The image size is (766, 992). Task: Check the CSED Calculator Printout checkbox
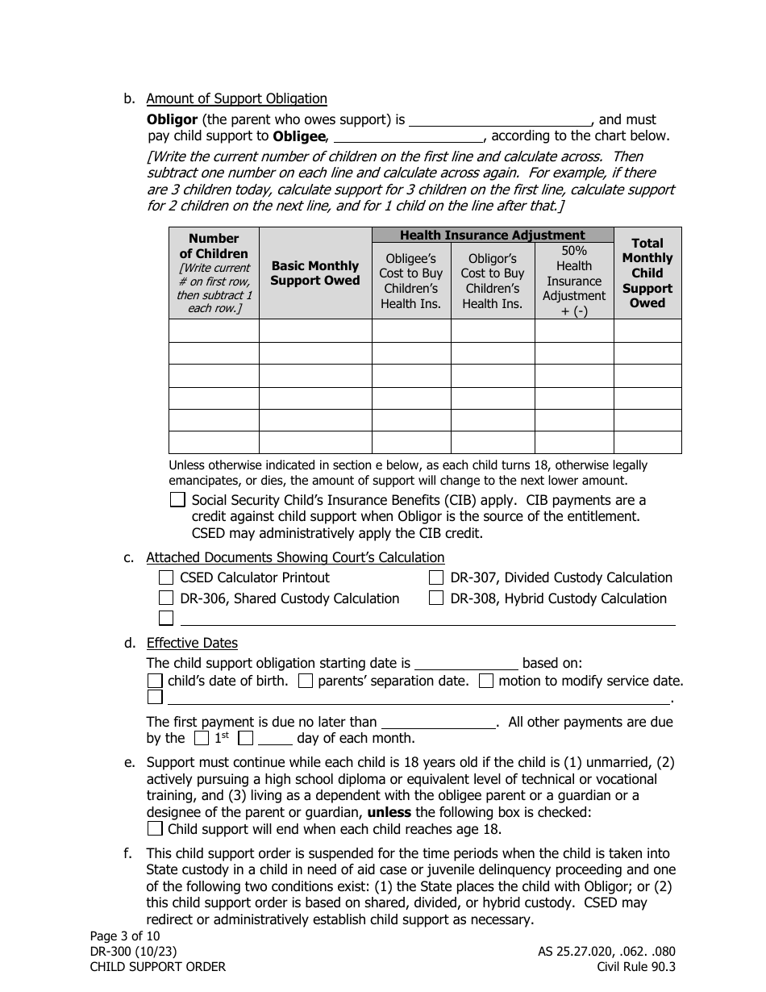click(x=165, y=577)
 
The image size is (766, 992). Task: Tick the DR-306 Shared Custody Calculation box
click(x=165, y=598)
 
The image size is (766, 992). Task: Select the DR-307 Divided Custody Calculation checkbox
click(x=436, y=577)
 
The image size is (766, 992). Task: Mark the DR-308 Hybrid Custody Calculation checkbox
click(x=436, y=598)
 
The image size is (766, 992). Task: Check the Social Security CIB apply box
click(x=177, y=500)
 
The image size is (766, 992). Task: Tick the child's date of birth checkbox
click(x=155, y=681)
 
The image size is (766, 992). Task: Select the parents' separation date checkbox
click(x=306, y=681)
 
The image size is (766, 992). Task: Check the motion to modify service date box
click(x=486, y=681)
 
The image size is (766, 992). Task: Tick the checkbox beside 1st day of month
click(x=202, y=738)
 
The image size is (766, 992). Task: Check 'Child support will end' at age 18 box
click(x=155, y=829)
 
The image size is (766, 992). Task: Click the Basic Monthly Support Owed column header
click(x=314, y=273)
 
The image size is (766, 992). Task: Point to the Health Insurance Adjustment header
click(x=493, y=235)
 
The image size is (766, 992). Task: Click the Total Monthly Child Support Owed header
click(x=647, y=273)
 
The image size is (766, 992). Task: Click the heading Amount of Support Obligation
click(x=236, y=99)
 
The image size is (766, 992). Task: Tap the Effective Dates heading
click(x=192, y=644)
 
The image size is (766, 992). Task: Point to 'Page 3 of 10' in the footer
click(x=125, y=936)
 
